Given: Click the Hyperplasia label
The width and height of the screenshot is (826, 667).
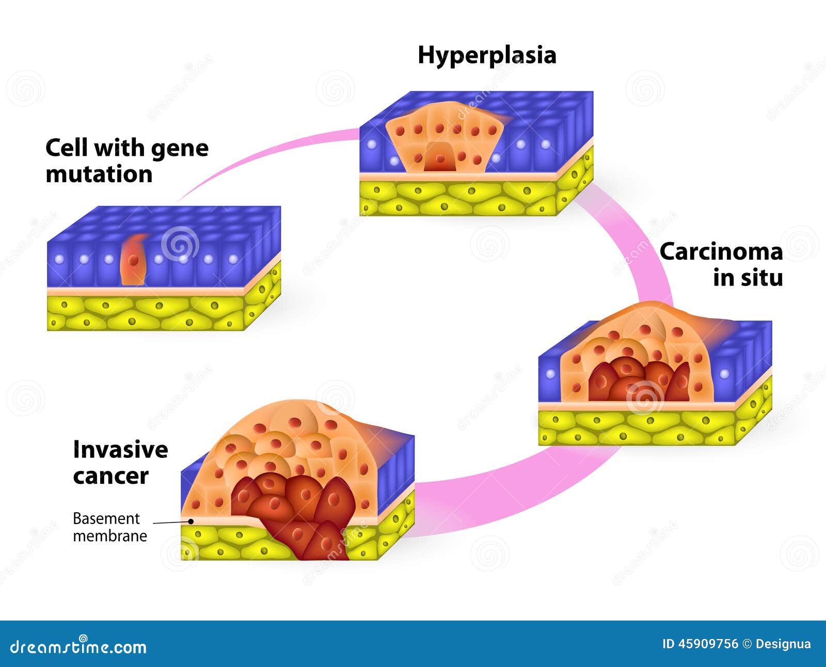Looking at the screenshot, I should pos(487,55).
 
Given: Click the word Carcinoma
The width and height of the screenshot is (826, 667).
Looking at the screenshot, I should pos(721,252).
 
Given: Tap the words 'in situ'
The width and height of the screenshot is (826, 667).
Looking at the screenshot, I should pos(748,278).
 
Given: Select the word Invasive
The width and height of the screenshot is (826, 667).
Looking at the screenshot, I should pos(120,450).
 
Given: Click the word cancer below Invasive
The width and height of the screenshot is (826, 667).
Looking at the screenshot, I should pos(110,476).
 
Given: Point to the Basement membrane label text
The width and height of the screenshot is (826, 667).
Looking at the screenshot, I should pos(109,527).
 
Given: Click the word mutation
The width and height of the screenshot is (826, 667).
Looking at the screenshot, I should pos(99,174).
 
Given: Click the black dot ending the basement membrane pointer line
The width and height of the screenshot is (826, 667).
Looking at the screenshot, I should pos(191,521).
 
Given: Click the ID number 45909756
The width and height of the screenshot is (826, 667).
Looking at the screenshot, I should pos(708,644).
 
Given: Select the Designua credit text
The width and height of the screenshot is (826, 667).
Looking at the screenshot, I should pos(783,644).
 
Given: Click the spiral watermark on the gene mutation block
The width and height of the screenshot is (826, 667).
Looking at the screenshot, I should pos(179,243).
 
